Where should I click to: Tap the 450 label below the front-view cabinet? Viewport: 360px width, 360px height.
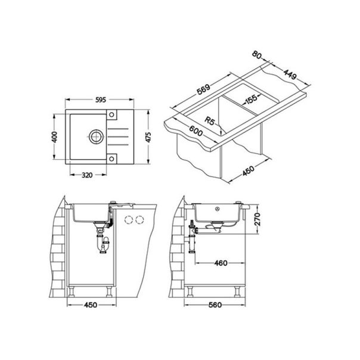pyautogui.click(x=90, y=305)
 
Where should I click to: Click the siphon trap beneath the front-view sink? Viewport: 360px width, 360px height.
pyautogui.click(x=102, y=243)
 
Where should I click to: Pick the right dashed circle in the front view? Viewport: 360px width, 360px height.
pyautogui.click(x=141, y=220)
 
